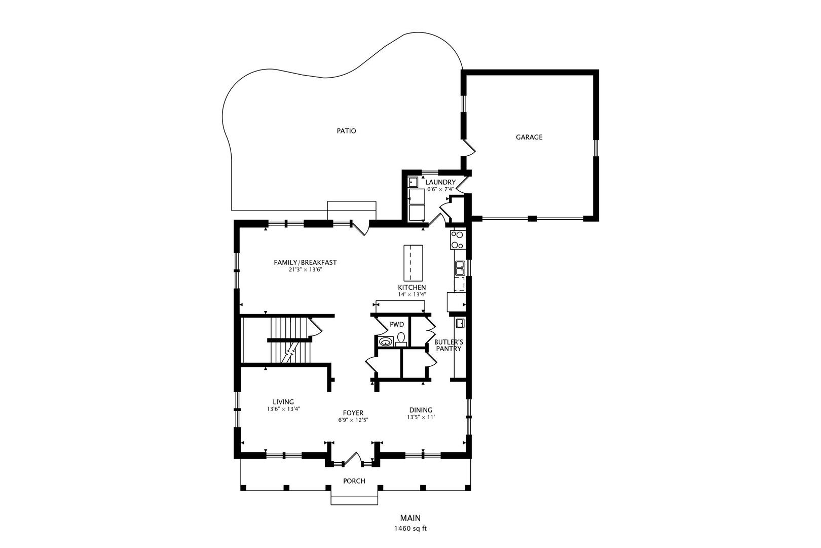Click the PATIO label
[346, 131]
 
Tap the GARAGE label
[529, 137]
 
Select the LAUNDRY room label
[440, 182]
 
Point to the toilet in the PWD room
[401, 339]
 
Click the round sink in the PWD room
[386, 341]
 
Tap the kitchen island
[413, 262]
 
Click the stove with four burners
[458, 239]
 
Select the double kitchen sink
[460, 268]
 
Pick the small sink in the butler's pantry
[460, 323]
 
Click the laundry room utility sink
[413, 182]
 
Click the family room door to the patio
[360, 227]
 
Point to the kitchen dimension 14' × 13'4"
[412, 294]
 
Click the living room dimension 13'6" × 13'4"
[283, 409]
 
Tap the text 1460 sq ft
[410, 529]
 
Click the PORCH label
[354, 481]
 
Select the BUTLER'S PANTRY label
[449, 345]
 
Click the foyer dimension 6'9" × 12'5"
[353, 420]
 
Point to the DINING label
[421, 410]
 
